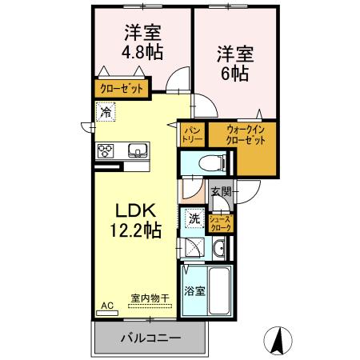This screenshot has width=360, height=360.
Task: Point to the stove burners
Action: click(107, 150)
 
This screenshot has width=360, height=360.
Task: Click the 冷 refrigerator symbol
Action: click(106, 113)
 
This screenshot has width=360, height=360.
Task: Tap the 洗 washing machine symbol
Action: click(194, 217)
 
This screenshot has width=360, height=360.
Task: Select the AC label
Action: click(107, 305)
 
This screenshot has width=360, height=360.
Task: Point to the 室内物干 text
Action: click(150, 298)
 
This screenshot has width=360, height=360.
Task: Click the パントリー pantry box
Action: click(193, 133)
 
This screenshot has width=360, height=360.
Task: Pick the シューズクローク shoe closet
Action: click(220, 223)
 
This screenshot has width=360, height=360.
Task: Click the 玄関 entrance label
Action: click(222, 192)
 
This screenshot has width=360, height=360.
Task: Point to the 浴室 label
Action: click(194, 290)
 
